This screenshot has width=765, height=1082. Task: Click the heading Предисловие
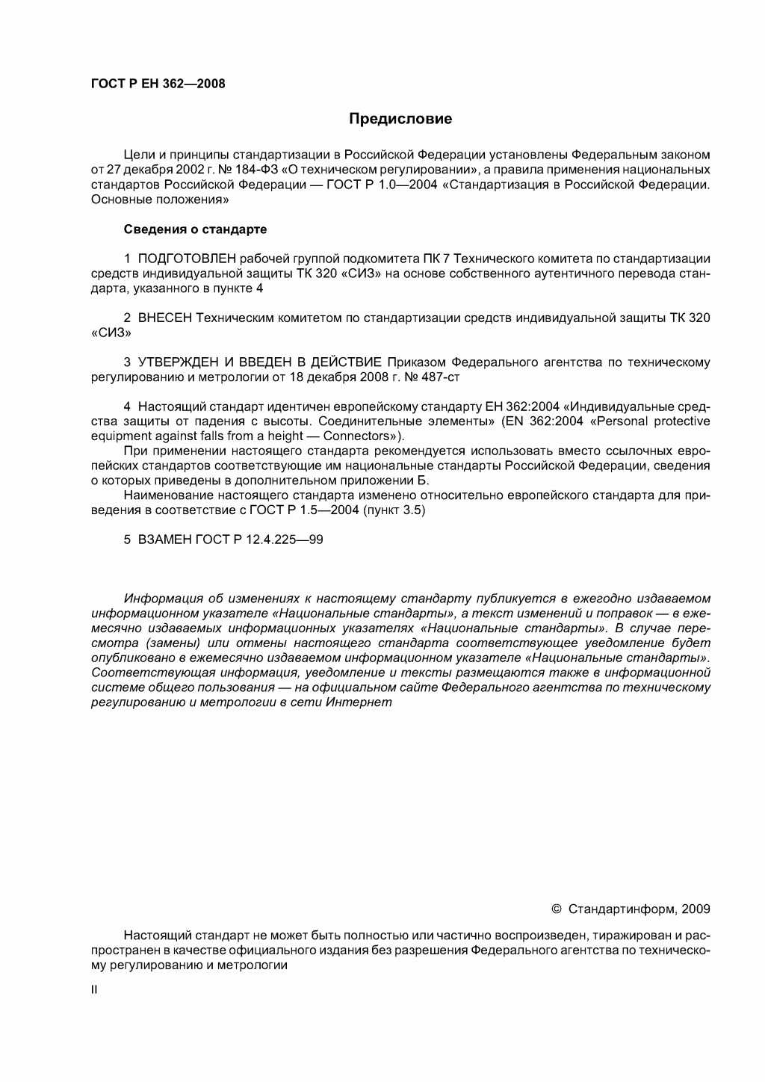point(401,119)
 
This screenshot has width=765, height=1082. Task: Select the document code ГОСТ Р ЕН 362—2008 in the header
point(158,84)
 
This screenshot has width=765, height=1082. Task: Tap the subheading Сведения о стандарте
point(195,229)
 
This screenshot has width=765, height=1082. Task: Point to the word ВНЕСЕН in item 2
point(165,318)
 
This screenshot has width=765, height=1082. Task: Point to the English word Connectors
point(361,436)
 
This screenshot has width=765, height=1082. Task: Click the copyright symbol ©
point(556,909)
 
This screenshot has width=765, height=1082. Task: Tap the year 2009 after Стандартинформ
point(696,909)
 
